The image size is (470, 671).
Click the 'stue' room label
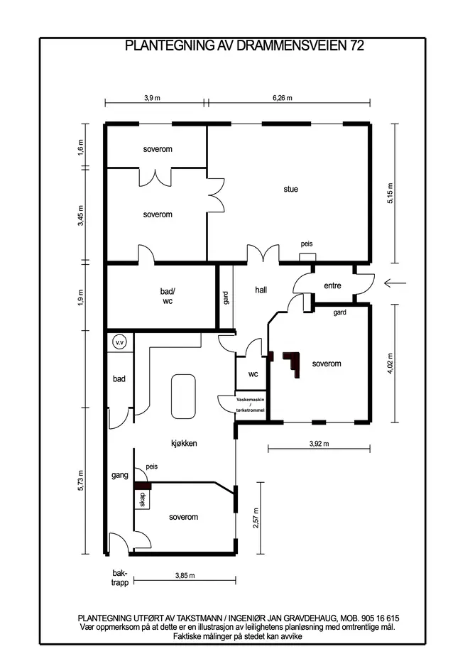point(290,189)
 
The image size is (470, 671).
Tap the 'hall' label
point(261,290)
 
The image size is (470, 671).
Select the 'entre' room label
point(332,285)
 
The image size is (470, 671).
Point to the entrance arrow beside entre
point(395,283)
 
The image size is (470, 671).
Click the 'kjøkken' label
point(184,443)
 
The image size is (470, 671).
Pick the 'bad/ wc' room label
point(168,296)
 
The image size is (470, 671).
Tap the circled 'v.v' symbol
point(120,342)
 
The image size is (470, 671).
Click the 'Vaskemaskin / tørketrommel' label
point(251,405)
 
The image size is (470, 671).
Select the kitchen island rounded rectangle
point(183,396)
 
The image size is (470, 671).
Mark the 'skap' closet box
point(142,499)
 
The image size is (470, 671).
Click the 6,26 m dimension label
point(283,98)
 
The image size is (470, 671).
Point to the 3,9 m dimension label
point(152,98)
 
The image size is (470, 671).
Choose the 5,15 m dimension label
point(390,193)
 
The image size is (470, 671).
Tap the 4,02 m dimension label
point(390,364)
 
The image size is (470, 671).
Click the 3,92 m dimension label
point(319,444)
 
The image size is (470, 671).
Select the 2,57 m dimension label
point(256,518)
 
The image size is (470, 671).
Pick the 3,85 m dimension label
point(185,576)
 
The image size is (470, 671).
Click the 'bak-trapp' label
point(120,578)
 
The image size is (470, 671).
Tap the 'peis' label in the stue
point(307,244)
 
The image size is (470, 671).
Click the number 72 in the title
point(357,45)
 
